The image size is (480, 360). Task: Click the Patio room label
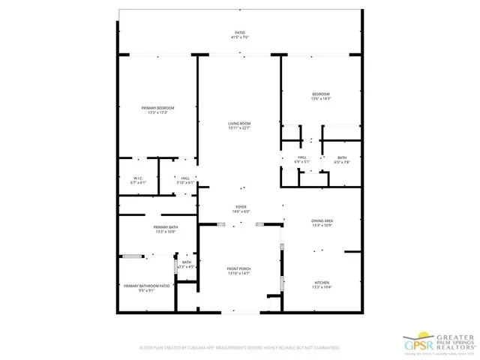click(x=240, y=32)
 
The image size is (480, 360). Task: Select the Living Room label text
click(x=240, y=123)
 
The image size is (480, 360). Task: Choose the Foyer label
click(x=241, y=206)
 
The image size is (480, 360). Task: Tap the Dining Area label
click(x=322, y=220)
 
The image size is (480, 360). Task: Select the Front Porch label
click(x=239, y=268)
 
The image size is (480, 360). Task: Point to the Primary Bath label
click(x=165, y=227)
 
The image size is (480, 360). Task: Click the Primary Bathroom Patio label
click(x=146, y=286)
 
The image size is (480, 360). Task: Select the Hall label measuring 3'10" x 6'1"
click(x=185, y=178)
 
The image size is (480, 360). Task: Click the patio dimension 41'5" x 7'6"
click(x=240, y=37)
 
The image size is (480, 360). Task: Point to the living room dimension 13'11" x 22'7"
click(x=240, y=128)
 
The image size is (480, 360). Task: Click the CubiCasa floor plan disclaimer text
click(x=240, y=348)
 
